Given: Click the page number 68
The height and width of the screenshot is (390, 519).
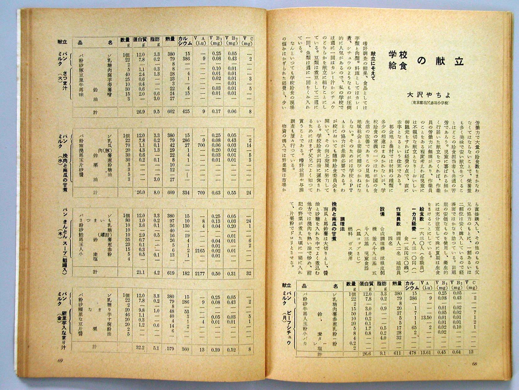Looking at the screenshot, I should pyautogui.click(x=474, y=364).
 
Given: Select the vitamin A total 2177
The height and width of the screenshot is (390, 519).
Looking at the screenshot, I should pyautogui.click(x=200, y=273).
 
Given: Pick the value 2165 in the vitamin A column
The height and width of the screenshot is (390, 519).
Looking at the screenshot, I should pyautogui.click(x=200, y=251).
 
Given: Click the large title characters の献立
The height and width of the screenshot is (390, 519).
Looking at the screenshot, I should pyautogui.click(x=441, y=60).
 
